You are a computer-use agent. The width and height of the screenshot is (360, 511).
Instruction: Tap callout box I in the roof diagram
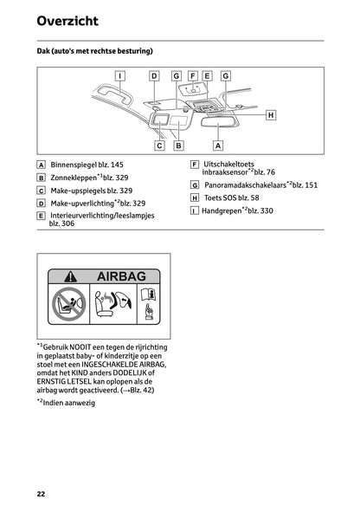119,75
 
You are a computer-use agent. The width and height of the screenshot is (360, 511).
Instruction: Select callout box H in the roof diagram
270,114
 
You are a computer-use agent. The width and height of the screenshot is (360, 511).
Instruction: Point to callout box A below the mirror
217,146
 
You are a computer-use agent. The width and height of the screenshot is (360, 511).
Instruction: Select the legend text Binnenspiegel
73,165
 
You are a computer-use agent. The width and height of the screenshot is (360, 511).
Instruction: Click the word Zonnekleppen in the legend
74,178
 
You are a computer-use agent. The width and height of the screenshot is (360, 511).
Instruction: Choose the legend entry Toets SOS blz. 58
230,197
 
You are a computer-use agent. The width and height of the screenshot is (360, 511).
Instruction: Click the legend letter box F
195,165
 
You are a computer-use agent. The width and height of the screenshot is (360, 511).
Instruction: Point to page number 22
41,493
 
